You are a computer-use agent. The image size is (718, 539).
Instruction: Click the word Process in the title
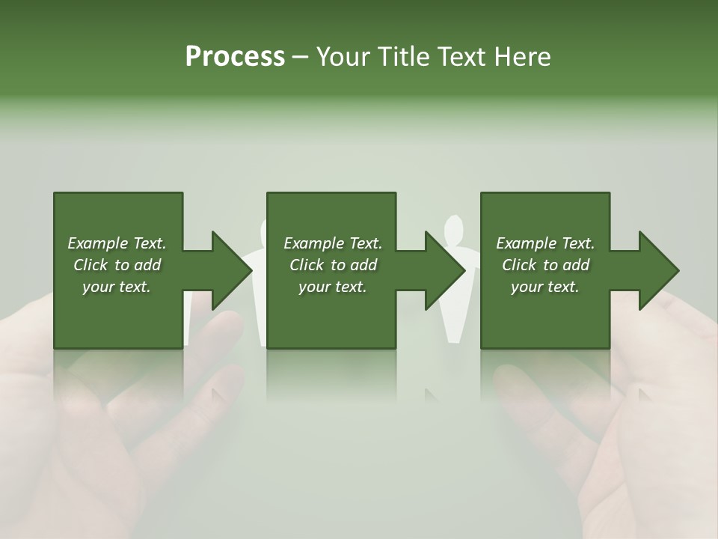[x=235, y=57]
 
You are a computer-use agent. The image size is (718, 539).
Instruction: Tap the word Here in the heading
[x=521, y=57]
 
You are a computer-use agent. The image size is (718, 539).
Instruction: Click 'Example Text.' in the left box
[x=117, y=243]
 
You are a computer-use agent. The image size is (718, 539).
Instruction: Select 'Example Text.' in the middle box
[x=333, y=243]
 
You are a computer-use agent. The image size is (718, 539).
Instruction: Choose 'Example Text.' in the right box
[x=545, y=243]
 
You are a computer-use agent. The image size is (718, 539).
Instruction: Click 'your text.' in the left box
[x=117, y=287]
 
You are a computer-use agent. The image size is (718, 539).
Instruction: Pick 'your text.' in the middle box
[x=333, y=287]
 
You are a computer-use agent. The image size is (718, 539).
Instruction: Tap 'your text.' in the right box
[x=545, y=287]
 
